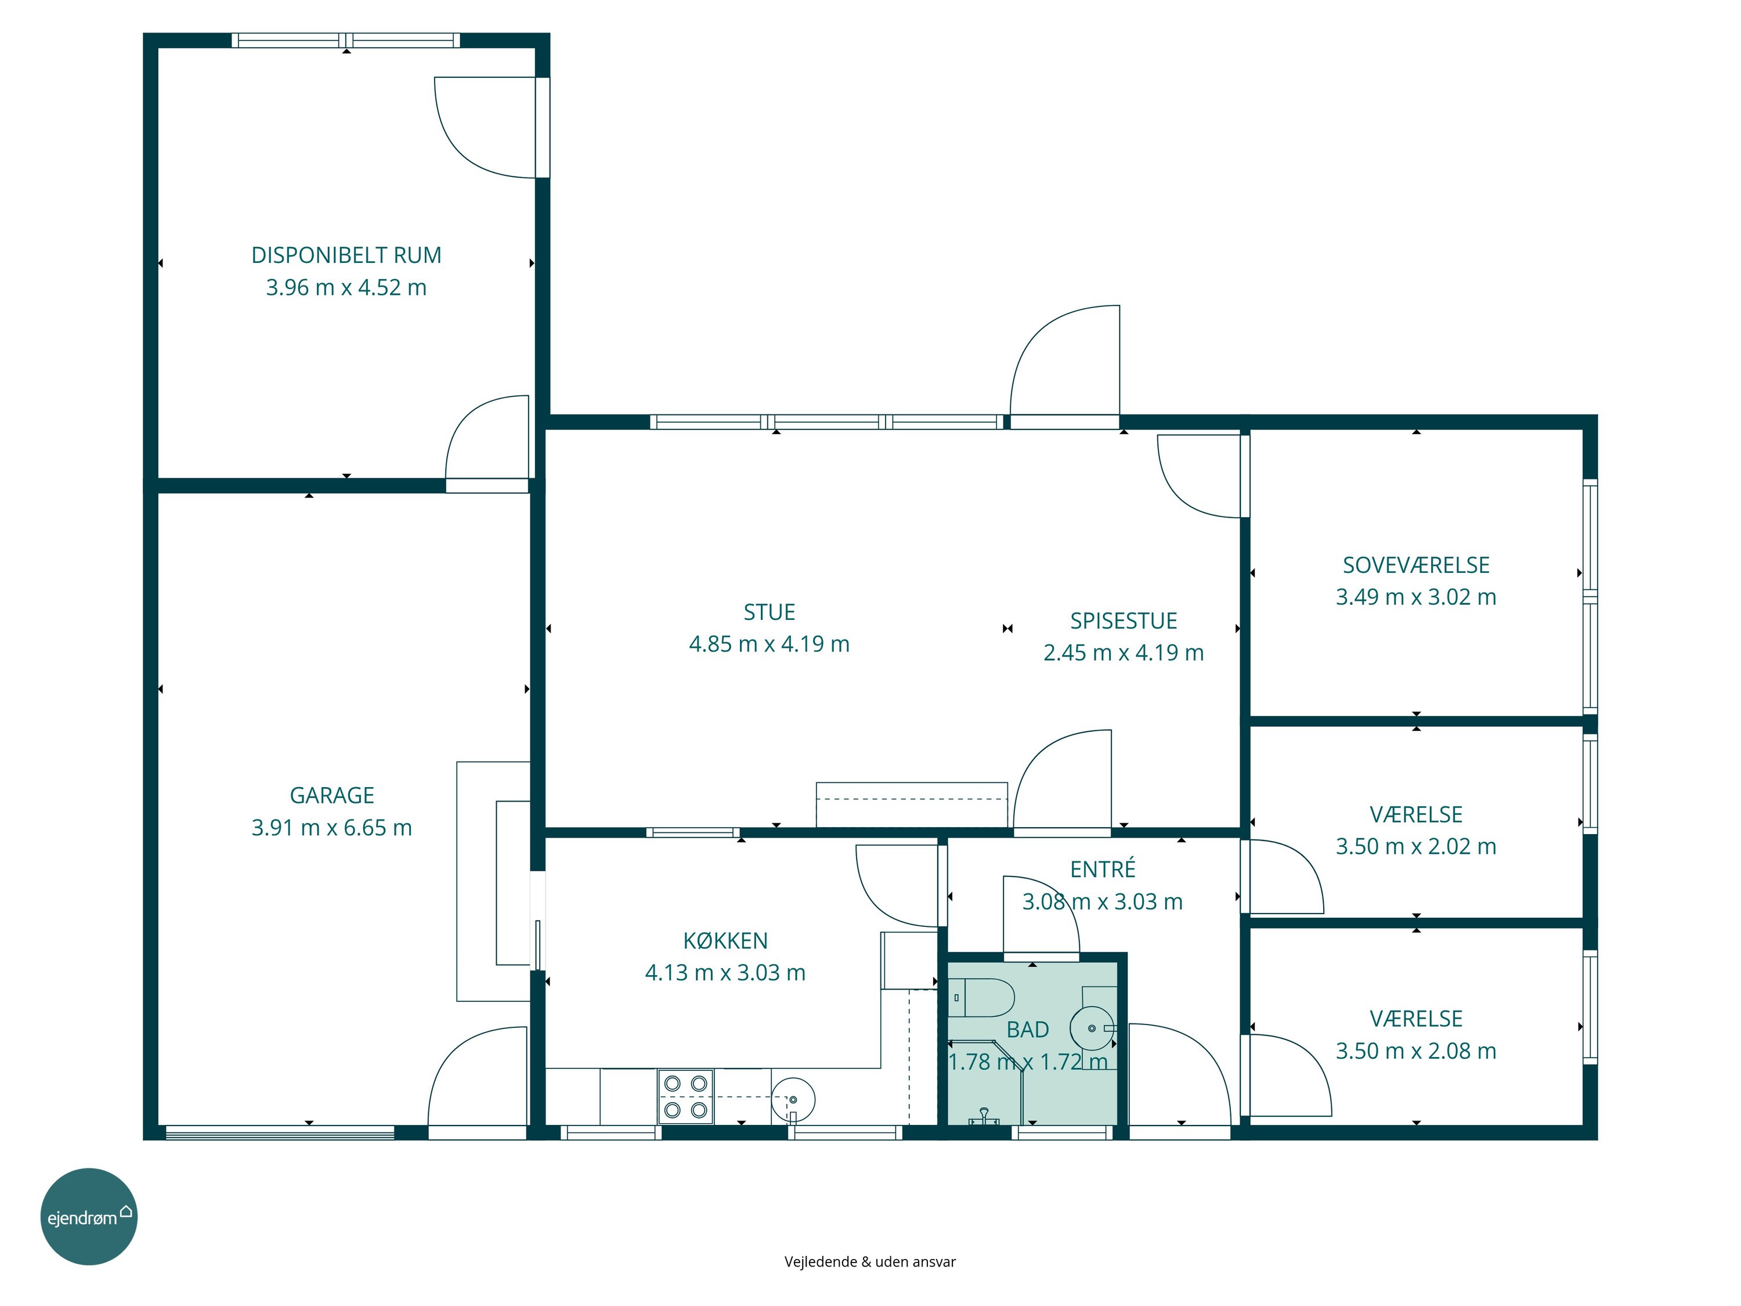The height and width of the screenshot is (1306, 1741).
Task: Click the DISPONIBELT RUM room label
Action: click(x=346, y=255)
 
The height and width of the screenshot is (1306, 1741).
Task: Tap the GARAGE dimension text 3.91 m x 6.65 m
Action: click(x=331, y=827)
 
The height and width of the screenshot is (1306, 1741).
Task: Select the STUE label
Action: click(x=769, y=612)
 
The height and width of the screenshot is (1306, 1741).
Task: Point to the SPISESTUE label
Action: click(x=1123, y=620)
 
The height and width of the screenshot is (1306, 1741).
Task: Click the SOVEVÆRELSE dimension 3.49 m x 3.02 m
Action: click(x=1415, y=597)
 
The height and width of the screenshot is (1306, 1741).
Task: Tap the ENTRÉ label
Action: click(x=1102, y=869)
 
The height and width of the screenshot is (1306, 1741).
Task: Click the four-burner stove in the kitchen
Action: click(x=685, y=1096)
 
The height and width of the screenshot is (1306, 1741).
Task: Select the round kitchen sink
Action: click(x=793, y=1099)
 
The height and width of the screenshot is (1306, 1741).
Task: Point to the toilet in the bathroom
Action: click(x=981, y=997)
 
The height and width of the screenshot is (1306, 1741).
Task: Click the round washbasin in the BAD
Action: click(x=1092, y=1028)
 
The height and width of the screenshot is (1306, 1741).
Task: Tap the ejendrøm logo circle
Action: click(x=89, y=1216)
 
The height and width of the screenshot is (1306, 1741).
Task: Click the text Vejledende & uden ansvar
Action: click(x=870, y=1261)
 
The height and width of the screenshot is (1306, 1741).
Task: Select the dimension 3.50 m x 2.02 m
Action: click(x=1415, y=846)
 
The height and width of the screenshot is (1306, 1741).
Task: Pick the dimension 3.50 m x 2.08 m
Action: click(x=1415, y=1051)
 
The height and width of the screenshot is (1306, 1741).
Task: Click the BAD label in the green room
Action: click(x=1027, y=1030)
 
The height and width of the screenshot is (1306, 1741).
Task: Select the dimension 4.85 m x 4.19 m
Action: click(x=769, y=644)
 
